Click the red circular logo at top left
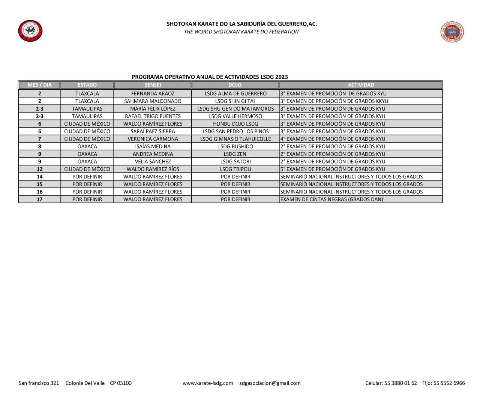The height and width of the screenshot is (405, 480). click(x=30, y=31)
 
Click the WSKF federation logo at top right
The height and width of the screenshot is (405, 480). click(x=452, y=32)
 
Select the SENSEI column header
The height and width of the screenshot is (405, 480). click(x=153, y=85)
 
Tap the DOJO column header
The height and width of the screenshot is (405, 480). click(x=235, y=85)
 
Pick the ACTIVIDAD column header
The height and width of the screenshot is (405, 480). click(x=361, y=85)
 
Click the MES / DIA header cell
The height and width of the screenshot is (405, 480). click(x=39, y=85)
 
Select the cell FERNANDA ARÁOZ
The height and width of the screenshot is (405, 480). click(x=153, y=94)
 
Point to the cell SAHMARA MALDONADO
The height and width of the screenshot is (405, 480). click(x=153, y=101)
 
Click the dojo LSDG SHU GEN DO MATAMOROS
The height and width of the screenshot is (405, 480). click(x=235, y=109)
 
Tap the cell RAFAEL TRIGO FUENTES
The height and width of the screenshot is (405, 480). click(x=153, y=116)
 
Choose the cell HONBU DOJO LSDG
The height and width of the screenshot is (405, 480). click(x=235, y=124)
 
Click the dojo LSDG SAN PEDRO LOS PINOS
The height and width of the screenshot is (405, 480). click(x=235, y=131)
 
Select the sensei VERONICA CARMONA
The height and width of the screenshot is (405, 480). click(x=153, y=139)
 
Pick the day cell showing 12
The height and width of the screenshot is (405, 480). click(x=39, y=169)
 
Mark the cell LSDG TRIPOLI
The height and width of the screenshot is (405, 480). click(x=235, y=169)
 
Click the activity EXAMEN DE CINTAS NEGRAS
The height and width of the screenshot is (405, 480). click(x=331, y=199)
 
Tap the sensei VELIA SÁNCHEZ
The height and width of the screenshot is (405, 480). click(x=153, y=162)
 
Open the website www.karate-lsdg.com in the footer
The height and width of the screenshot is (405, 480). click(x=208, y=383)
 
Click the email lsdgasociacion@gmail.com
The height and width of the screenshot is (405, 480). click(x=269, y=383)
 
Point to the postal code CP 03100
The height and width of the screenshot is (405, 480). click(x=121, y=383)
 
